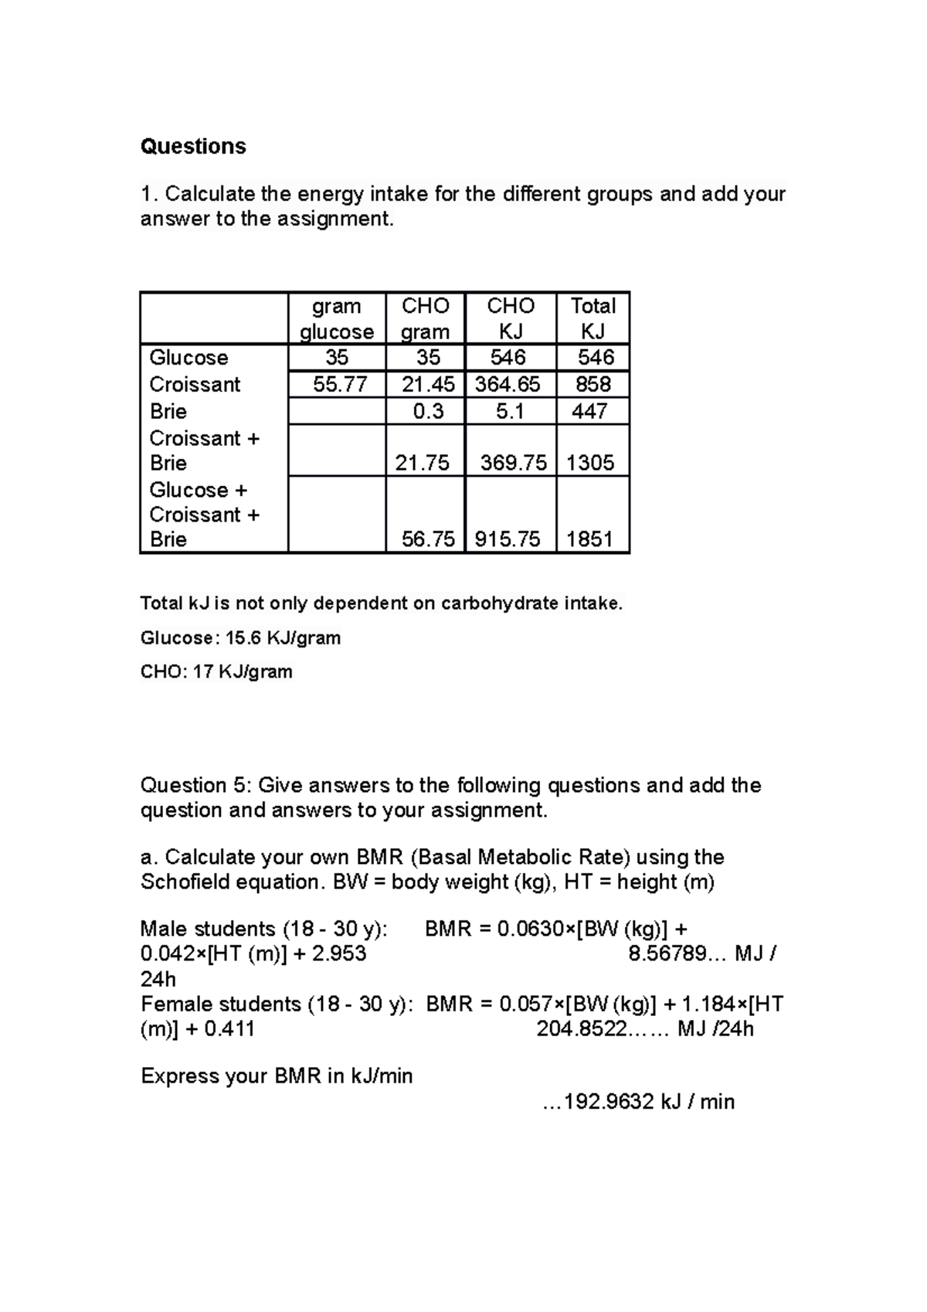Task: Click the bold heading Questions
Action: (193, 147)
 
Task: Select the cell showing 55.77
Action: (337, 384)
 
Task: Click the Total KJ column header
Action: (593, 318)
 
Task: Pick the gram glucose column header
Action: (337, 318)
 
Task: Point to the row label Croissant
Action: (195, 384)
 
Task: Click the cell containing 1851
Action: (590, 539)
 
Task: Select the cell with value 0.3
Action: (428, 411)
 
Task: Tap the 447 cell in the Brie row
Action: (590, 411)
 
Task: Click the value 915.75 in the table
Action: (508, 539)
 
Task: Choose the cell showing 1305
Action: (590, 462)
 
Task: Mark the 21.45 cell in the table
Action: (428, 384)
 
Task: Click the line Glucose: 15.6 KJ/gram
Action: (240, 638)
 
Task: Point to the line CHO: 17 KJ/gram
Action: (216, 671)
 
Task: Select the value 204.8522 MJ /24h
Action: (644, 1029)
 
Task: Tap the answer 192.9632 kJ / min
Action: (640, 1101)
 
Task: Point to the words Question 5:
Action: (195, 785)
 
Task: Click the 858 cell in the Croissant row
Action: (593, 384)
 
